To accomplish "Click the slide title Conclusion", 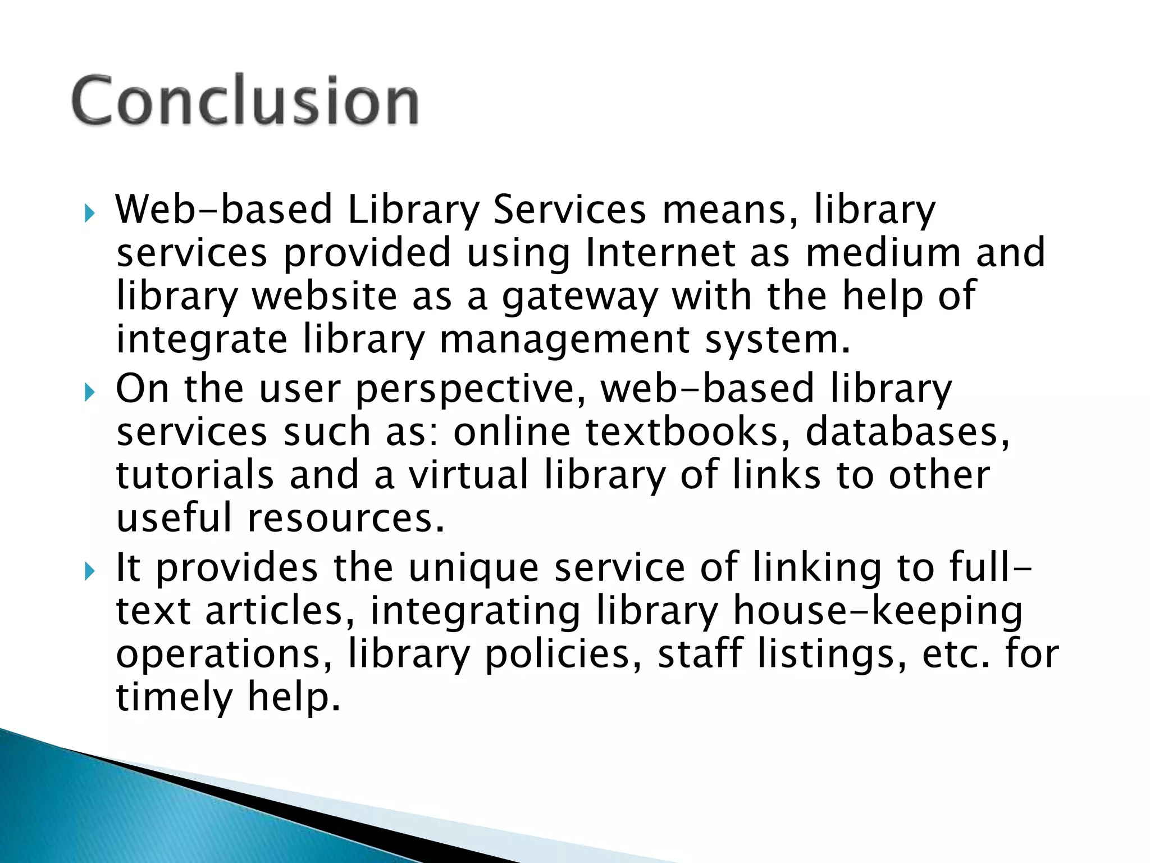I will click(x=245, y=101).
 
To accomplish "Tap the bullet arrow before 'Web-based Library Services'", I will click(x=89, y=214).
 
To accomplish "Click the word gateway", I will click(x=579, y=298).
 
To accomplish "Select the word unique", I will click(x=473, y=569).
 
